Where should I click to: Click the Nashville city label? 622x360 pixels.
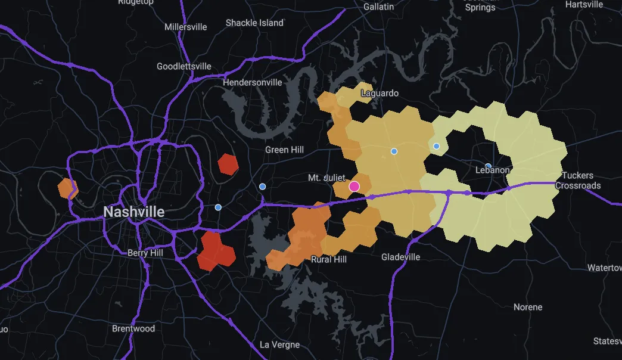(x=133, y=212)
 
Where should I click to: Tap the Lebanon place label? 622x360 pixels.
(x=493, y=170)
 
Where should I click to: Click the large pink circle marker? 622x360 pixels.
(x=354, y=186)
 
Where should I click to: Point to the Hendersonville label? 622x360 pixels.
(x=252, y=82)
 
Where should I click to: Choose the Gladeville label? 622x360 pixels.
(x=400, y=257)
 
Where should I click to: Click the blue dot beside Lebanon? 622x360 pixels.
(x=488, y=166)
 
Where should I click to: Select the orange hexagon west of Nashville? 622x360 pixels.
(x=68, y=188)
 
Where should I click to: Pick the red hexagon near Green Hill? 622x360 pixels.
(x=228, y=164)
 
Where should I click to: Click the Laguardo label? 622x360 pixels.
(x=380, y=93)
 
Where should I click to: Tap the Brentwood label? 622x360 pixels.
(x=133, y=328)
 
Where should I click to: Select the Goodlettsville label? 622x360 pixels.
(x=184, y=66)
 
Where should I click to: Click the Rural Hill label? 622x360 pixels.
(x=329, y=259)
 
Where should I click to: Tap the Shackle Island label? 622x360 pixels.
(x=254, y=23)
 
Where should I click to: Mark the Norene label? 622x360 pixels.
(x=528, y=307)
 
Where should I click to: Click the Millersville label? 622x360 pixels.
(x=185, y=27)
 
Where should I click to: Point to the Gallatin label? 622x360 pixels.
(x=378, y=7)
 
